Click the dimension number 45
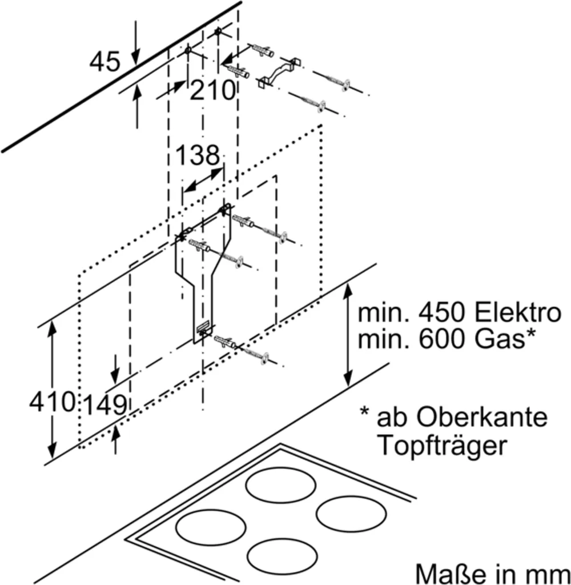pyautogui.click(x=105, y=62)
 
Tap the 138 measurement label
pyautogui.click(x=198, y=155)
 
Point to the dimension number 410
pyautogui.click(x=53, y=402)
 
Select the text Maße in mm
pyautogui.click(x=492, y=574)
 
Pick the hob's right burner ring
pyautogui.click(x=351, y=514)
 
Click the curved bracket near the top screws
pyautogui.click(x=278, y=73)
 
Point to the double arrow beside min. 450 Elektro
pyautogui.click(x=348, y=335)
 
